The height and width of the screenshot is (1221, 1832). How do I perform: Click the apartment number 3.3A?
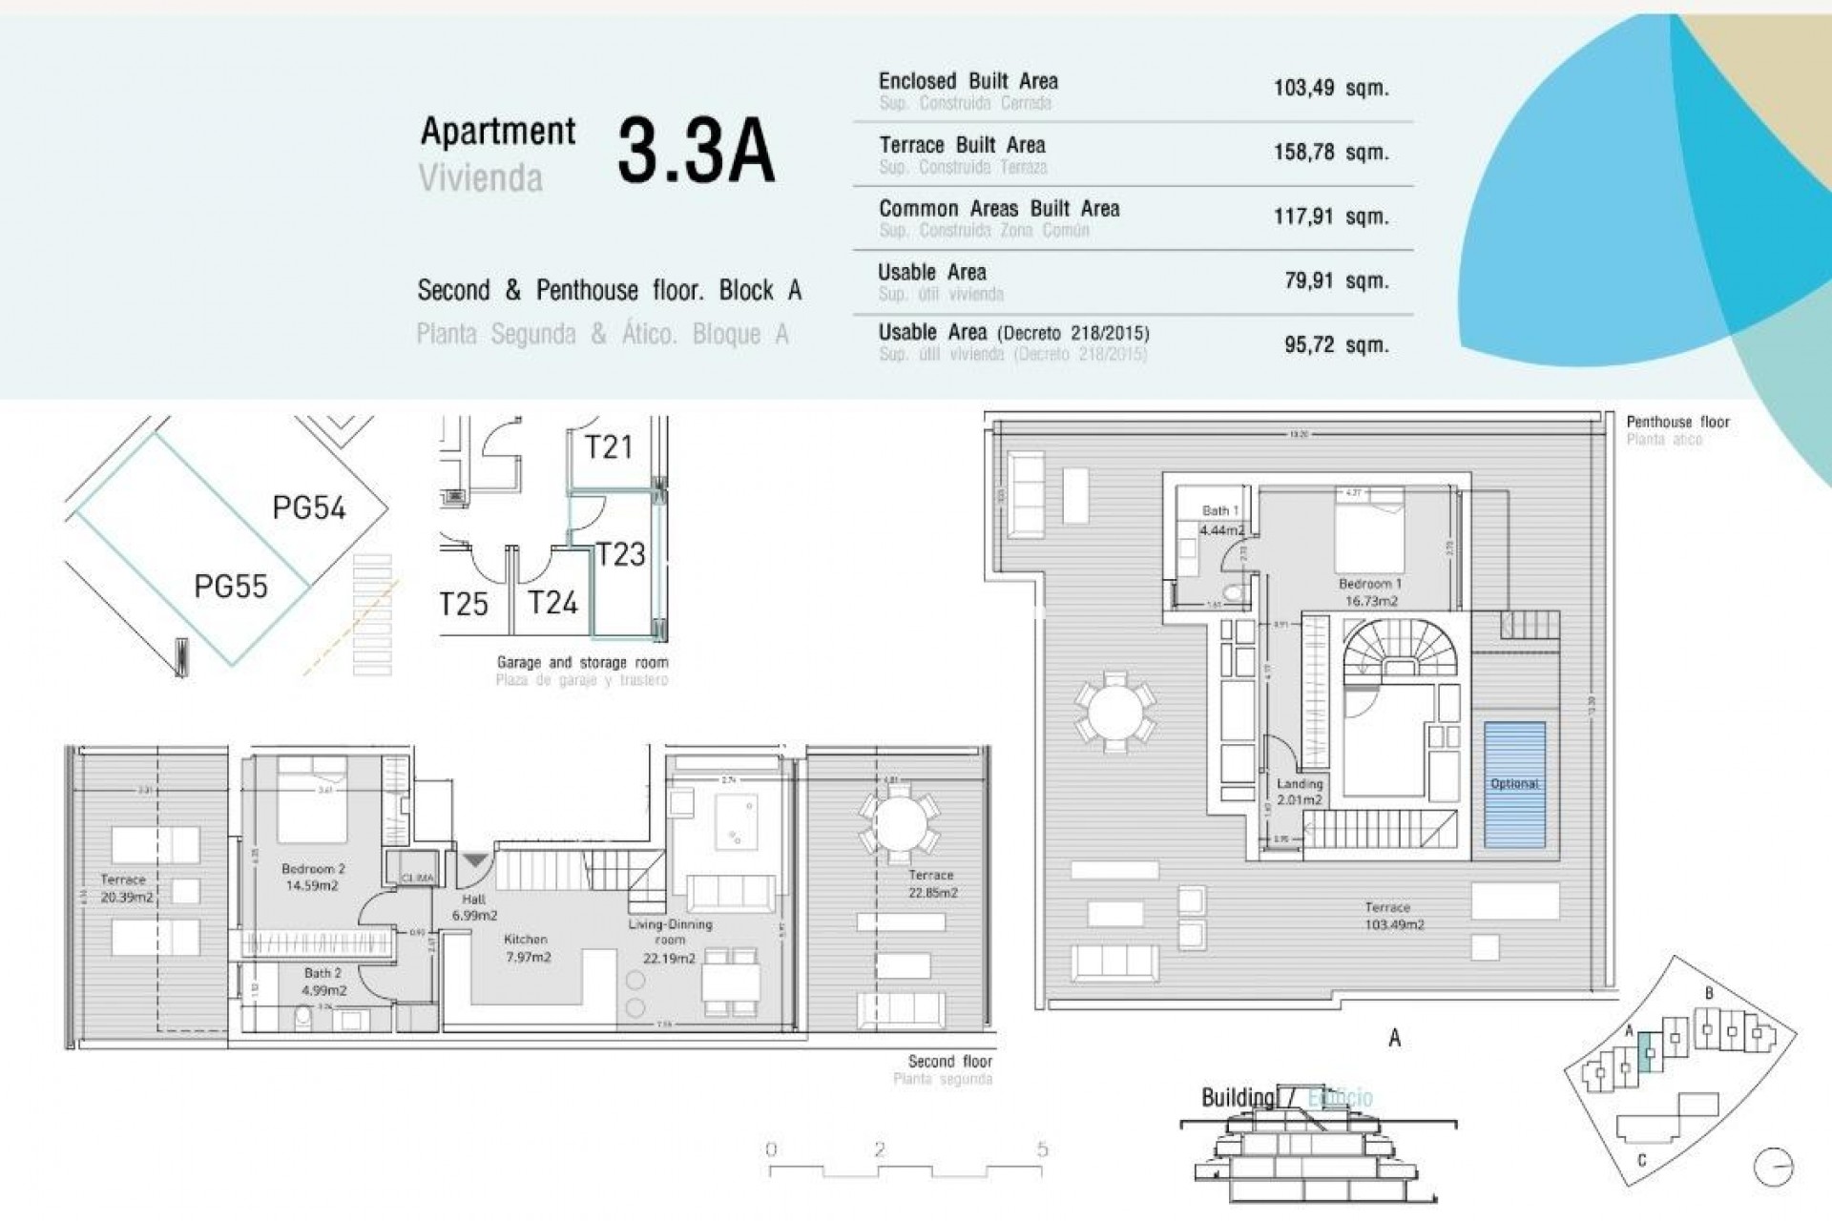(696, 151)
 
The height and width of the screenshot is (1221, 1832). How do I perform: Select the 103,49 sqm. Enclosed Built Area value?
(1330, 89)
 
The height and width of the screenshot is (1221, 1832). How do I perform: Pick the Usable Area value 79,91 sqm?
(1336, 281)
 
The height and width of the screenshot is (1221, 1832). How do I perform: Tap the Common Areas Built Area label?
(998, 209)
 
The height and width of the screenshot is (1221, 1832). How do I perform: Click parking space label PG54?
(308, 507)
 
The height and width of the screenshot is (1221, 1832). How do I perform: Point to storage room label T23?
(620, 554)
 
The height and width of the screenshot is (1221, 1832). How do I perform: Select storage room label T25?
(464, 604)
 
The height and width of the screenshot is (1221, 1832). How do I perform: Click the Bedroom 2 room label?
(312, 877)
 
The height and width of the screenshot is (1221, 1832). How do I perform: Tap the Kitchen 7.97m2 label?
(527, 948)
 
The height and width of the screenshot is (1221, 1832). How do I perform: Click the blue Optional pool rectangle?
(1514, 784)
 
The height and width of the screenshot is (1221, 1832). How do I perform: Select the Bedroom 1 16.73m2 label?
(1370, 592)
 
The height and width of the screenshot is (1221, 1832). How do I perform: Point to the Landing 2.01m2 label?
(1300, 792)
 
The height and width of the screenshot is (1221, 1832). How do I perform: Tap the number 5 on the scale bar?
(1042, 1149)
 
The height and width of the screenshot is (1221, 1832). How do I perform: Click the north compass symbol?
(1773, 1166)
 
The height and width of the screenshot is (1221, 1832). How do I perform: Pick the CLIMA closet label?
(417, 878)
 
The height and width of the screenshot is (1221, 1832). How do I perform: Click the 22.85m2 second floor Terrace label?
(931, 884)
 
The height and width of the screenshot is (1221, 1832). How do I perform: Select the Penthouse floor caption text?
(1677, 422)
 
